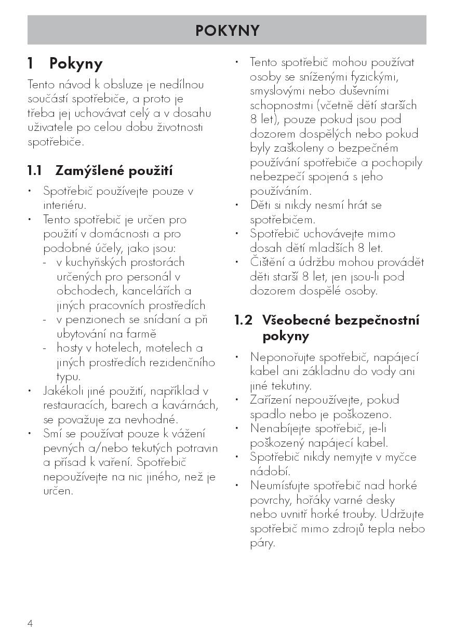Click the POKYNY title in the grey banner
tap(227, 31)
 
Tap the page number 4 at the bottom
tap(30, 623)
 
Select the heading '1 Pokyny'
tap(65, 63)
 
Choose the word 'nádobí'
tap(269, 472)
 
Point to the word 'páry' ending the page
tap(262, 543)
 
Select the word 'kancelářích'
tap(149, 291)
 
